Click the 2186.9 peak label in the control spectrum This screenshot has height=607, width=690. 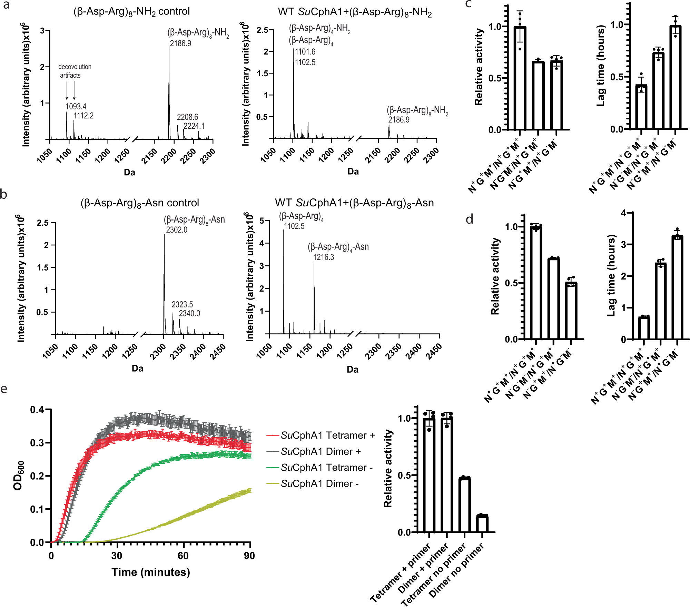(x=180, y=43)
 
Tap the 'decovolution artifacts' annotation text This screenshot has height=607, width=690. (x=74, y=71)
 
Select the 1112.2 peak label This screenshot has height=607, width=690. (x=84, y=116)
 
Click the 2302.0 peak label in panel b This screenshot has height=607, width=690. (x=177, y=230)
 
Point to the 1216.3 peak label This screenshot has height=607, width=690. (x=324, y=257)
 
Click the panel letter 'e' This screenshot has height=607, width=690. (x=4, y=389)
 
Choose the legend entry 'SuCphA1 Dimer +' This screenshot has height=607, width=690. (x=321, y=451)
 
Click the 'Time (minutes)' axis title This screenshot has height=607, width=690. (x=151, y=572)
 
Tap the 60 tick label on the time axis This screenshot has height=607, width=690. (x=183, y=556)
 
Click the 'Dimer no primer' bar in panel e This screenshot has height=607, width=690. (x=482, y=524)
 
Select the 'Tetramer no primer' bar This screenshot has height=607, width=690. (x=464, y=505)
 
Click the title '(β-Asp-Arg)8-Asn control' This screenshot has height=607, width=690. (x=140, y=203)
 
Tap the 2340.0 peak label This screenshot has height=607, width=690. (x=189, y=313)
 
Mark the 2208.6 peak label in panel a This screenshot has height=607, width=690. (x=187, y=117)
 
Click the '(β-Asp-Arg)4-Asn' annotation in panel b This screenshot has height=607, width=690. (x=338, y=247)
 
